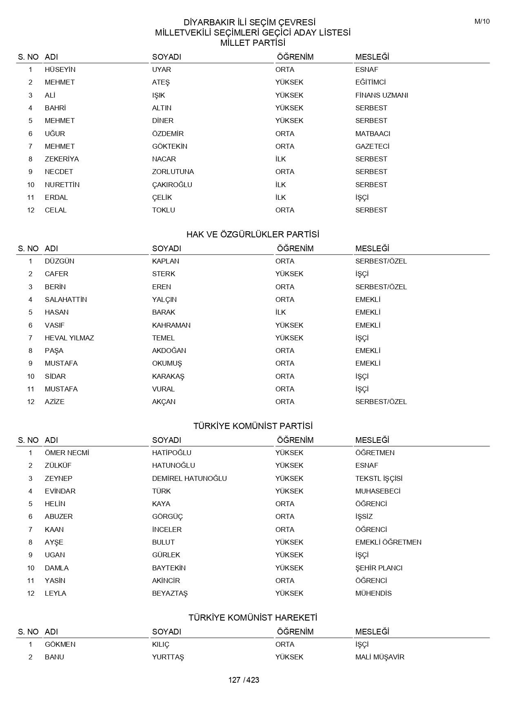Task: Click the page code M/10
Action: pos(482,22)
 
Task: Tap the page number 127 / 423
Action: pos(244,680)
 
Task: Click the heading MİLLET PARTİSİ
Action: pos(253,43)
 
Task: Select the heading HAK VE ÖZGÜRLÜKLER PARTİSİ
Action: pos(253,235)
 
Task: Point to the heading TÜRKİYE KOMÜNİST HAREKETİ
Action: pos(253,618)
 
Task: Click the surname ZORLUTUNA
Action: pos(173,172)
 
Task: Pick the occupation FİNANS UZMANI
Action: pos(382,95)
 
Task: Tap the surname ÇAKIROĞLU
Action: pos(172,185)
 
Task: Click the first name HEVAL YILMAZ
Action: pos(69,338)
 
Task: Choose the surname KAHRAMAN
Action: pos(171,325)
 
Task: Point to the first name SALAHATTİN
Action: pos(66,299)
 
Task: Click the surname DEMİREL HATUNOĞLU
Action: pos(189,478)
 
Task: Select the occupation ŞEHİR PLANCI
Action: pos(379,568)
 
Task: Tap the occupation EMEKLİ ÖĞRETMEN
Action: pos(388,542)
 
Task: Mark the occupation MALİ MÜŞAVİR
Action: pos(379,657)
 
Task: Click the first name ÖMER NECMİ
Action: pos(67,453)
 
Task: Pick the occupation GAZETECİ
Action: pos(372,146)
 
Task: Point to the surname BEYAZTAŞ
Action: pos(170,593)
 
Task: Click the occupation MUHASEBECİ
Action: pos(378,491)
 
